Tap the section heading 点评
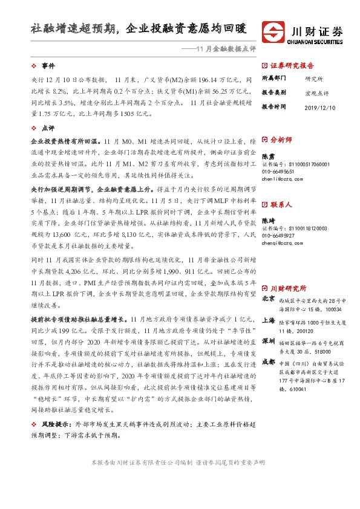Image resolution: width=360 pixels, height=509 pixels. pos(48,128)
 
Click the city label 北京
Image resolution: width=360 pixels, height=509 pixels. pos(268,299)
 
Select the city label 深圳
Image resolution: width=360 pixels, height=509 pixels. pos(268,340)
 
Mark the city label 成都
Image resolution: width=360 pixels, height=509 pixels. pos(268,361)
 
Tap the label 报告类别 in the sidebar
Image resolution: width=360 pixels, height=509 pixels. pos(273,92)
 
